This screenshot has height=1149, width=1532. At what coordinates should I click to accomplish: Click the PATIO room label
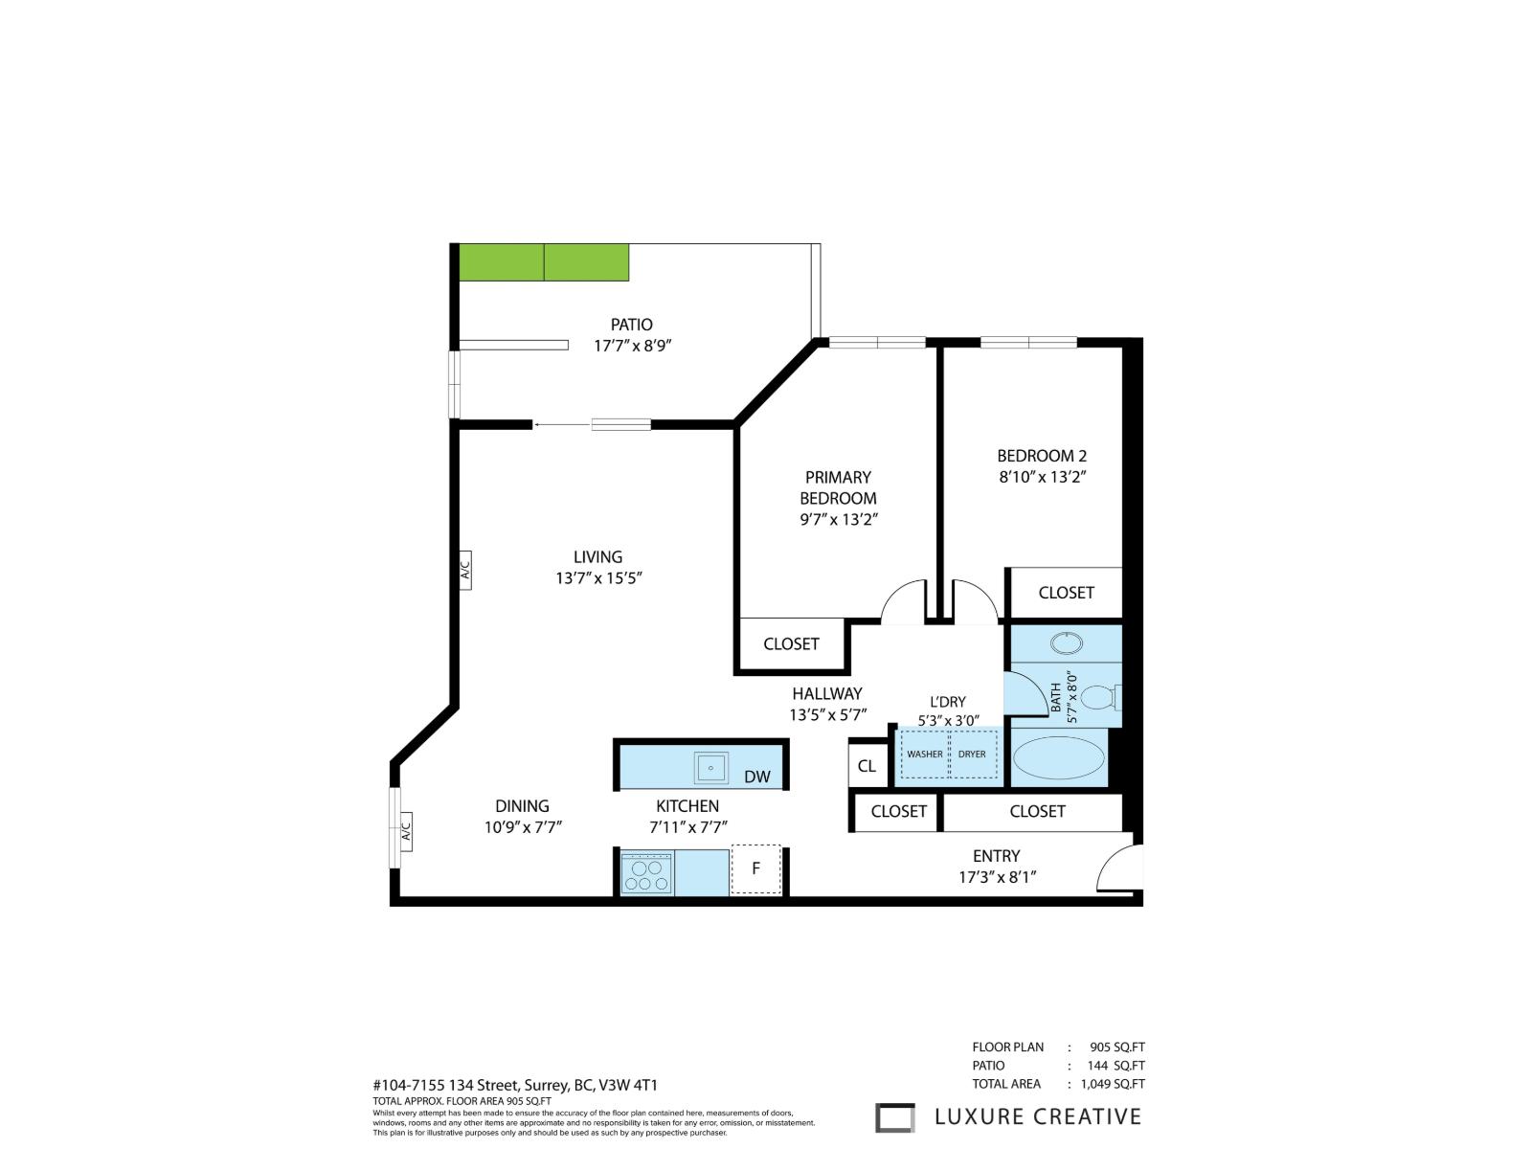coord(631,325)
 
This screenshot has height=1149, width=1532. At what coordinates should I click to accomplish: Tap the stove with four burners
coord(646,873)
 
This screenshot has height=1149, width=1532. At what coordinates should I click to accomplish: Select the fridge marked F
coord(755,869)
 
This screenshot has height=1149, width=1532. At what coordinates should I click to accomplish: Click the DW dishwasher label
coord(756,777)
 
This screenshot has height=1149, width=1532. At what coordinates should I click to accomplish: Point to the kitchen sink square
coord(711,768)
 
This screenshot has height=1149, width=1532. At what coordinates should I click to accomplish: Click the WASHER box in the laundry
coord(924,755)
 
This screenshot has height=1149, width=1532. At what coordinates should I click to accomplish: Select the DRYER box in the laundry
coord(972,755)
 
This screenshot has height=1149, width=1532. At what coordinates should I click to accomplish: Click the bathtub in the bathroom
coord(1058,758)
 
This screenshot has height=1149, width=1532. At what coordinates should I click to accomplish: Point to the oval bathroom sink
coord(1064,642)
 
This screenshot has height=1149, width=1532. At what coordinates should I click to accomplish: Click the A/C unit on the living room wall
coord(465,571)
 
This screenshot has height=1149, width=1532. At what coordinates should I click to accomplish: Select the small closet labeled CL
coord(867,766)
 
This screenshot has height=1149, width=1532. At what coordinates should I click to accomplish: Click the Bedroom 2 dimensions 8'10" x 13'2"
coord(1042,477)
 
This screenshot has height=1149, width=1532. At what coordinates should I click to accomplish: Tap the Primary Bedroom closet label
coord(791,644)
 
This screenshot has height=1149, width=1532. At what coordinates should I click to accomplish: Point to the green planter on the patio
coord(544,262)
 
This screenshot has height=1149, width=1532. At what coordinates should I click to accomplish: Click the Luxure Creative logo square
coord(895,1117)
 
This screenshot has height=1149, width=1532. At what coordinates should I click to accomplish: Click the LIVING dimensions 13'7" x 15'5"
coord(597,578)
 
